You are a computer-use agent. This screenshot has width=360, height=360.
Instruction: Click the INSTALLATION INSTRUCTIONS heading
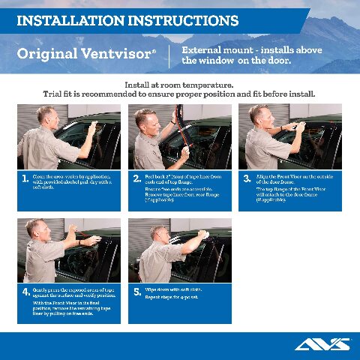click(x=127, y=19)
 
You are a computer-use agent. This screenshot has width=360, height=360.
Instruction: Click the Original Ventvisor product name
click(x=86, y=54)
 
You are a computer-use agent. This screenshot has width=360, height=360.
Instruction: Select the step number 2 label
click(x=136, y=179)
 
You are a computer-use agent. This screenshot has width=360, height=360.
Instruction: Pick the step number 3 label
click(x=247, y=179)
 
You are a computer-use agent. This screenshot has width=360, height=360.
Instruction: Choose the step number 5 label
click(x=136, y=292)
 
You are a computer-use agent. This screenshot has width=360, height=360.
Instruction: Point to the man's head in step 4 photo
click(x=34, y=230)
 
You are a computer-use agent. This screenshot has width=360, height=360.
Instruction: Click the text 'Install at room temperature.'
click(x=179, y=85)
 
